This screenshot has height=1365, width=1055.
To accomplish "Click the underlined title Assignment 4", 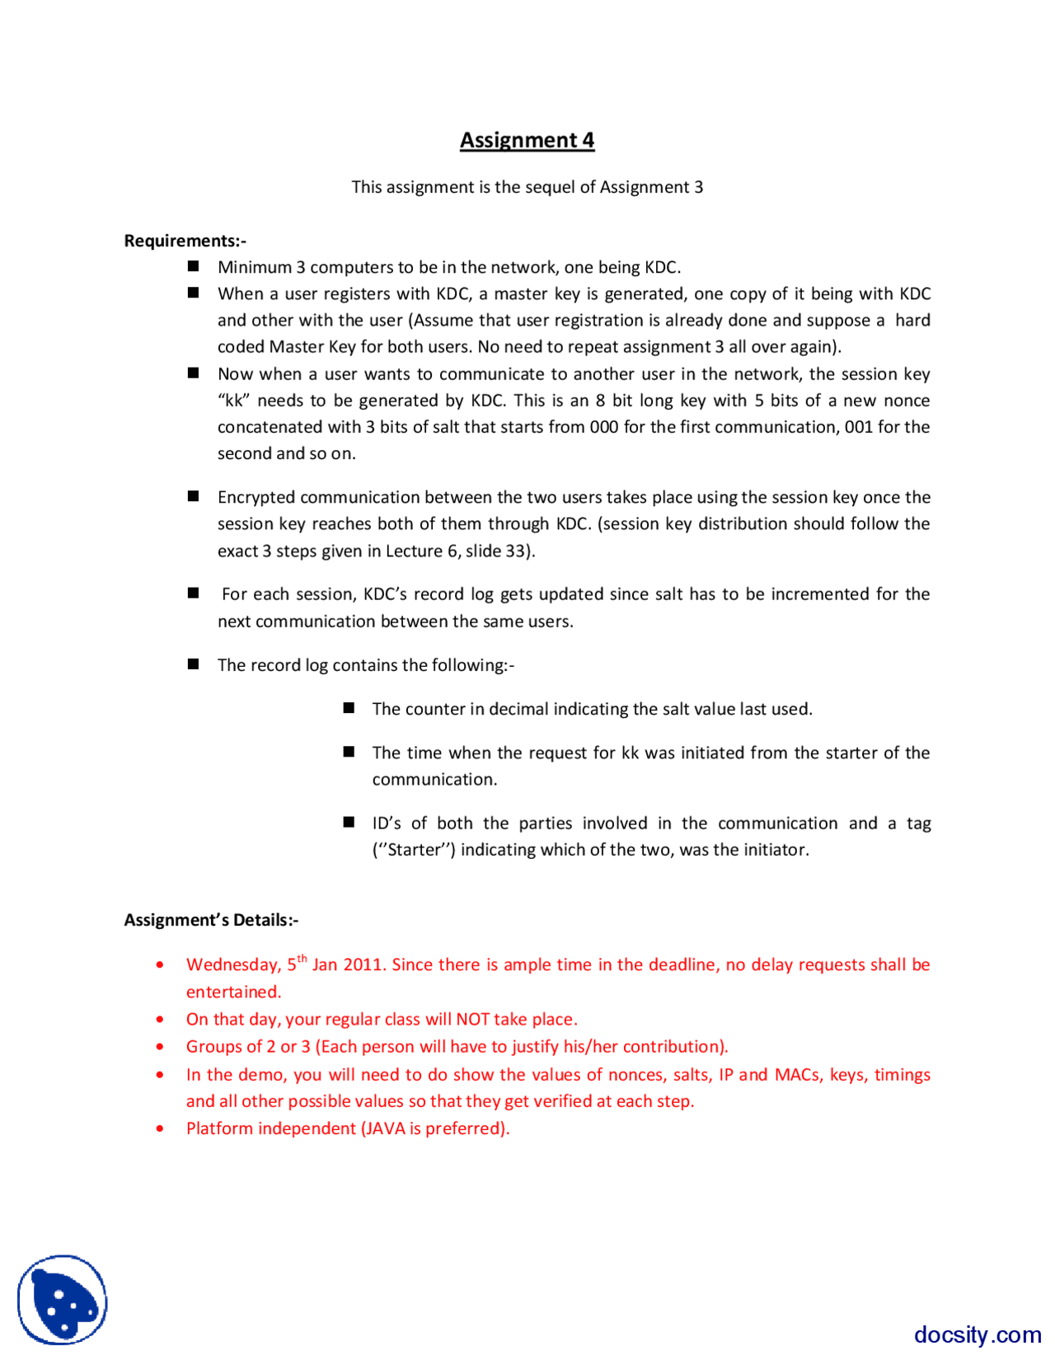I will click(527, 140).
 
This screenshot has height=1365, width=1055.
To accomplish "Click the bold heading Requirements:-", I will click(185, 241).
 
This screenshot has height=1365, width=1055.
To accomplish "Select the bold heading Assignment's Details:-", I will click(211, 920).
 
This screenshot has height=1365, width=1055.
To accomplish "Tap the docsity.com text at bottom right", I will click(977, 1334).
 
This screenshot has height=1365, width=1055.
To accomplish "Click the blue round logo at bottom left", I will click(63, 1300).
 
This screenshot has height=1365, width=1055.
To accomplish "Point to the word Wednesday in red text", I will click(232, 965).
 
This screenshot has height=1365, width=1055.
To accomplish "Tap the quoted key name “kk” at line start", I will click(233, 401).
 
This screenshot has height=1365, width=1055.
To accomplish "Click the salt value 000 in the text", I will click(604, 427).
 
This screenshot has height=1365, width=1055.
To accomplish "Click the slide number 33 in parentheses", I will click(516, 551).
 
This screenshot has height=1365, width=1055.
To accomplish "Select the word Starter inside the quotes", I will click(414, 850).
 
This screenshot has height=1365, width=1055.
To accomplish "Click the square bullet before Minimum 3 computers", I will click(194, 266).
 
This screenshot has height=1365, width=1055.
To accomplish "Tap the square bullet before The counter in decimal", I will click(349, 708).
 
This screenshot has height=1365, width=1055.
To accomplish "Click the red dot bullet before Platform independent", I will click(160, 1129).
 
